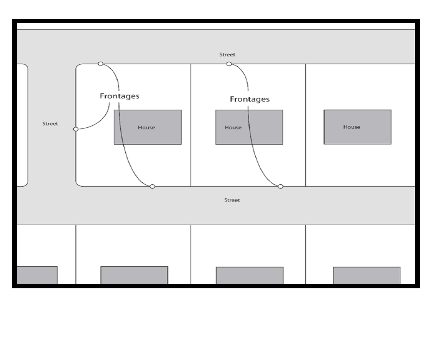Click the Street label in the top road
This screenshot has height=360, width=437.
coord(227,54)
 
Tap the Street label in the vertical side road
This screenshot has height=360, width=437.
coord(50,124)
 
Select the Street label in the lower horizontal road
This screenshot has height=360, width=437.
coord(232,200)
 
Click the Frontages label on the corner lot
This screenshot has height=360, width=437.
coord(119,96)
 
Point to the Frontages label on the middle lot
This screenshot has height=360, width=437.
coord(249,99)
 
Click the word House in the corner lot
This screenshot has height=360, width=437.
coord(146,127)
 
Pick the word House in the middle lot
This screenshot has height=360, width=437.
coord(233,127)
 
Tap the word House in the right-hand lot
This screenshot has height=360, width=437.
coord(351,127)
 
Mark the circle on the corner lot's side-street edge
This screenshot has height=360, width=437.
coord(75,129)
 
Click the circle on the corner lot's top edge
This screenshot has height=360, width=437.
coord(100,63)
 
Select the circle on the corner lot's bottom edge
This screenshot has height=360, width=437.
coord(152,186)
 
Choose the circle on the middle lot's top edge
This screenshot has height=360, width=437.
coord(229,63)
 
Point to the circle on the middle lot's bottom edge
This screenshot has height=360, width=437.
coord(280,186)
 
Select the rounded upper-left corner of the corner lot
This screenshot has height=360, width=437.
coord(78,66)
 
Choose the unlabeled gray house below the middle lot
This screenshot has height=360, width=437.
coord(249,275)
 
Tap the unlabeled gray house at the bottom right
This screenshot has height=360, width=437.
coord(366,275)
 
